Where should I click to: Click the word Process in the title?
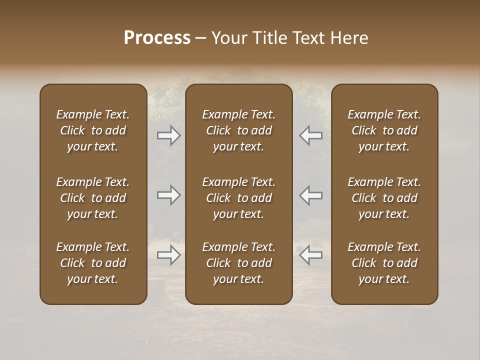[157, 38]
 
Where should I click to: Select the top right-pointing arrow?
[169, 135]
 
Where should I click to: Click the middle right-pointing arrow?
[169, 195]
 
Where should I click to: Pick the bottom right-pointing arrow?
[169, 255]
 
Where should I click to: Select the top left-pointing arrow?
[310, 135]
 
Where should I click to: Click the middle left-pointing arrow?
[310, 195]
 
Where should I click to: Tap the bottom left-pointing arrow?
[310, 255]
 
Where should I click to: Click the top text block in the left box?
[93, 130]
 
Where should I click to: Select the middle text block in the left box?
[93, 198]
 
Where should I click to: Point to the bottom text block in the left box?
[93, 263]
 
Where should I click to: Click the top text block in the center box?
[238, 130]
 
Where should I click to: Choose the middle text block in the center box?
[238, 198]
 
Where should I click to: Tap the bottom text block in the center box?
[238, 263]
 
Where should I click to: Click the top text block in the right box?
[384, 130]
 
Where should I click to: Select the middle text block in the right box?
[384, 198]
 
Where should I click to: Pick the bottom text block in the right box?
[384, 263]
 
